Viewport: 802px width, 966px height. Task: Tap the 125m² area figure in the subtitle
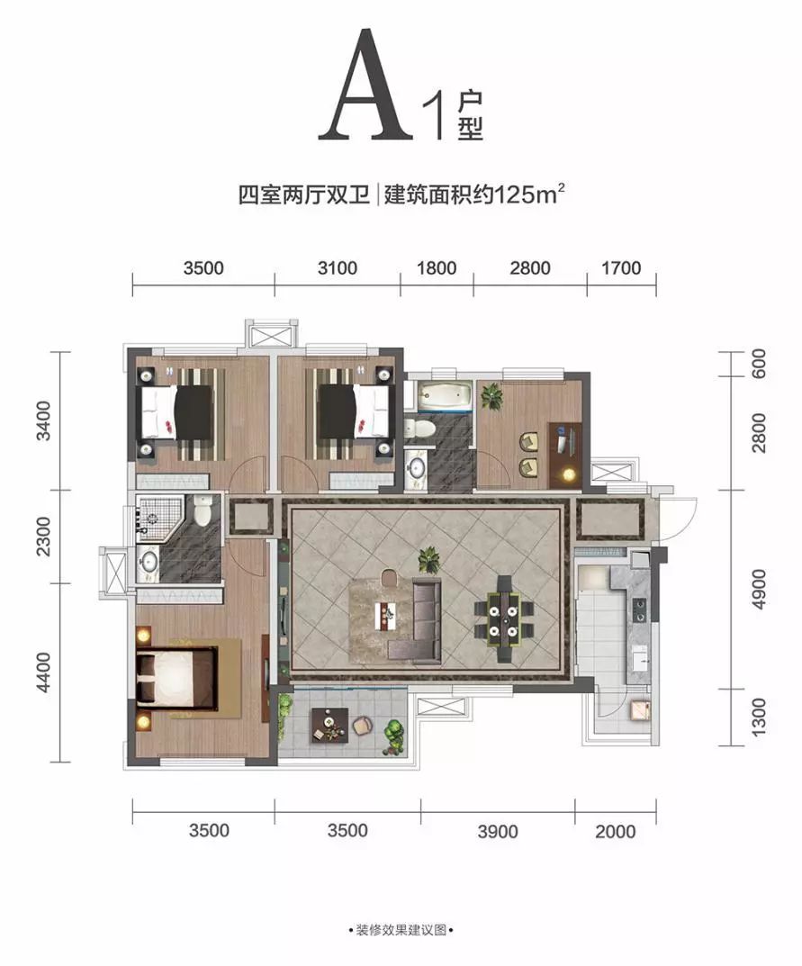pos(530,194)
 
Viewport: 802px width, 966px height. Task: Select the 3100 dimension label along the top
pos(338,268)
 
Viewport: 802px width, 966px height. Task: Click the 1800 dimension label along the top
pos(437,268)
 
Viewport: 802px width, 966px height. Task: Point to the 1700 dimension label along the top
pos(621,268)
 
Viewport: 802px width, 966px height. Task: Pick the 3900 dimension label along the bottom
pos(498,832)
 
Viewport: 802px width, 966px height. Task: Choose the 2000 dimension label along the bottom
pos(616,832)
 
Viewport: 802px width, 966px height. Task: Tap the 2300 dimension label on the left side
pos(44,536)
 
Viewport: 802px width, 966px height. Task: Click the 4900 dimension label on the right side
pos(759,590)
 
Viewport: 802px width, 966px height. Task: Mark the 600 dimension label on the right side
pos(759,364)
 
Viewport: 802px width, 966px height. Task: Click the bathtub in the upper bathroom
pos(444,395)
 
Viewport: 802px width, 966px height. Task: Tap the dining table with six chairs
pos(504,618)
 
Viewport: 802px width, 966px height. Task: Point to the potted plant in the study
pos(491,396)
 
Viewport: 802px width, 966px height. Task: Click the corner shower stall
pos(160,517)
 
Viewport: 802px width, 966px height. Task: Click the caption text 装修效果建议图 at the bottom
pos(401,930)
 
